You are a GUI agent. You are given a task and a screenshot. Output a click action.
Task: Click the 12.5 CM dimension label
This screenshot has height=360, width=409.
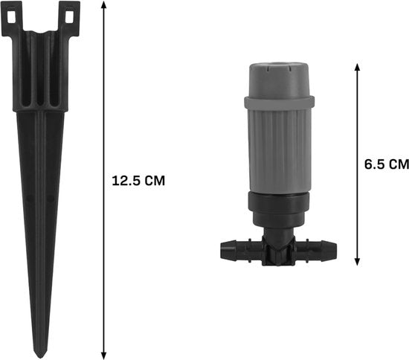point(138,181)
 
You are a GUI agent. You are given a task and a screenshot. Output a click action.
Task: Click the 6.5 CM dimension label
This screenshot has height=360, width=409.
point(387,164)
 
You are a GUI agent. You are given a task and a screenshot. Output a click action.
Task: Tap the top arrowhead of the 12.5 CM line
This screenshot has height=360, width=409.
point(104,5)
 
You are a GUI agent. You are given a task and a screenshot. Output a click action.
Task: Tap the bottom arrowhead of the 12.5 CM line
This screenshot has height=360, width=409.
point(104,355)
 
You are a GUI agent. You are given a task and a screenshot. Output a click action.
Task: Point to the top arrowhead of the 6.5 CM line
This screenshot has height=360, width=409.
point(358,67)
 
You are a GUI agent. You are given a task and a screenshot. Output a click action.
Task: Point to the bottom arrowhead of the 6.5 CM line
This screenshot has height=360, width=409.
point(358,261)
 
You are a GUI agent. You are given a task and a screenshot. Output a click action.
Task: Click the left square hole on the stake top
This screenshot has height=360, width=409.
point(11,16)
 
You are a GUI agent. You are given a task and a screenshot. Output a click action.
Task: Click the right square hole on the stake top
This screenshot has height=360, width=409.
point(69,16)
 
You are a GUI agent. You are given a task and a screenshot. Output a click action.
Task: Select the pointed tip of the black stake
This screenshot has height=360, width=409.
point(40,356)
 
